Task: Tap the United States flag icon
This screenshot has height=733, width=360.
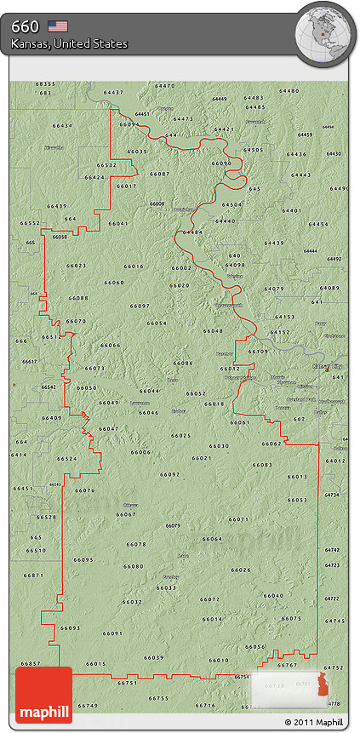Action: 58,26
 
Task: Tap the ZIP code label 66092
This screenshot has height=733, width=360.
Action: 169,474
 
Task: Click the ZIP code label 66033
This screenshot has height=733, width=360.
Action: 166,587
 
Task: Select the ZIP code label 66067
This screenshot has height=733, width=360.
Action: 125,514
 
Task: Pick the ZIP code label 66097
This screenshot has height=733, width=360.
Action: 140,306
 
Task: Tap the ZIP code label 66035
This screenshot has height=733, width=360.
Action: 136,151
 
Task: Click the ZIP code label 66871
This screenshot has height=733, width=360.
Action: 33,576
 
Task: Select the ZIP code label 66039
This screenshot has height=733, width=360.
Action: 153,657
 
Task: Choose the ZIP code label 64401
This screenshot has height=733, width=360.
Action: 291,210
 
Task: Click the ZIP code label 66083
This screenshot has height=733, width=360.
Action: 262,465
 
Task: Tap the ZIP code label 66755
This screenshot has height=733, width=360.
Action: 158,698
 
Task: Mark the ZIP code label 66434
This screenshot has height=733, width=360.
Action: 62,125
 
